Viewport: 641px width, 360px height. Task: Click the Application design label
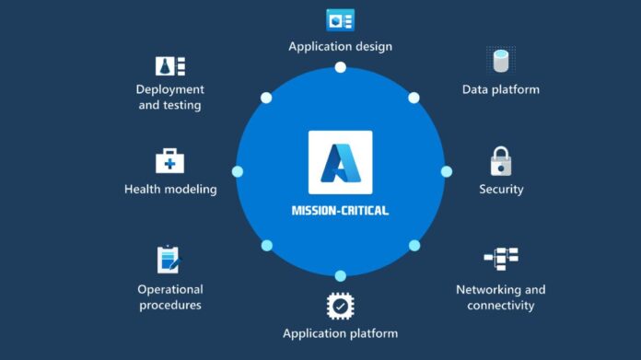pyautogui.click(x=340, y=46)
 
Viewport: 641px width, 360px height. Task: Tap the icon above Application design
pyautogui.click(x=340, y=19)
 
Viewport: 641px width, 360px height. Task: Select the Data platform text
pyautogui.click(x=500, y=89)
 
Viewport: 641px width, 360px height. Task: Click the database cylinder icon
pyautogui.click(x=500, y=61)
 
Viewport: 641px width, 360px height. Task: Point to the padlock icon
pyautogui.click(x=500, y=161)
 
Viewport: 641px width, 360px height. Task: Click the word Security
pyautogui.click(x=500, y=189)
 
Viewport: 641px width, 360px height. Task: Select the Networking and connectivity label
pyautogui.click(x=500, y=296)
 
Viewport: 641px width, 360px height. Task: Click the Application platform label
pyautogui.click(x=340, y=333)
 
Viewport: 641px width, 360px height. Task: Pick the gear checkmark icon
pyautogui.click(x=340, y=306)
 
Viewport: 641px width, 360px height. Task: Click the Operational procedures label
pyautogui.click(x=169, y=296)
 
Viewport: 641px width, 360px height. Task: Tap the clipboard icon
pyautogui.click(x=169, y=259)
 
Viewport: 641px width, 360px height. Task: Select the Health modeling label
pyautogui.click(x=170, y=189)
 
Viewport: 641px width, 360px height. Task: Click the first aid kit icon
pyautogui.click(x=169, y=161)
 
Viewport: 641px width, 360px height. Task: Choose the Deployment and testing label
pyautogui.click(x=169, y=97)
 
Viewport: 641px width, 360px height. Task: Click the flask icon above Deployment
pyautogui.click(x=169, y=65)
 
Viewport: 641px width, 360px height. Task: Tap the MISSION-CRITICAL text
pyautogui.click(x=340, y=210)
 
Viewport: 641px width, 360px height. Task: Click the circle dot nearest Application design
pyautogui.click(x=340, y=67)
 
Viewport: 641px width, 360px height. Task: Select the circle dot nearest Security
pyautogui.click(x=447, y=171)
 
